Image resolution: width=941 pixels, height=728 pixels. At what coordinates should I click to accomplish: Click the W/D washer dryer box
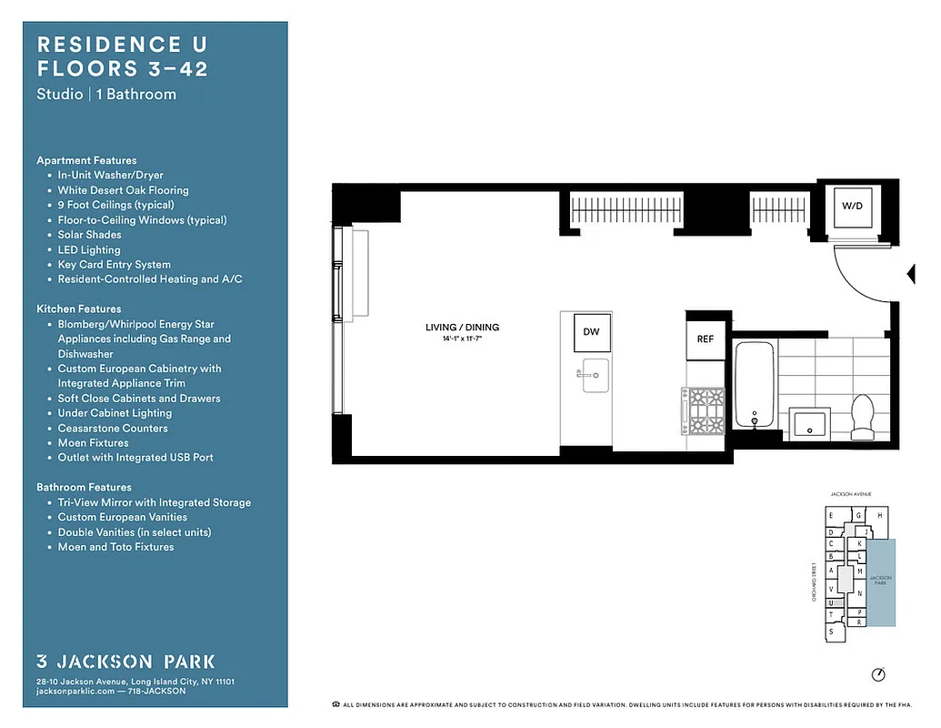tap(851, 207)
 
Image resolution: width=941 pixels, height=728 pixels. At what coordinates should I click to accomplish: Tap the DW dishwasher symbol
tap(591, 332)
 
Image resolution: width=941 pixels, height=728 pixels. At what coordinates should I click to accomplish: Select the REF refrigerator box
tap(705, 339)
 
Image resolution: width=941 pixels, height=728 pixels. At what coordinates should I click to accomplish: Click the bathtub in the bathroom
tap(753, 383)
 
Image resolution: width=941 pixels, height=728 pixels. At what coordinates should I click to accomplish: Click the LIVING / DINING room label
tap(462, 328)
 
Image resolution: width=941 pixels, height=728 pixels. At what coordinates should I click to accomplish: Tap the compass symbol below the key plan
tap(877, 674)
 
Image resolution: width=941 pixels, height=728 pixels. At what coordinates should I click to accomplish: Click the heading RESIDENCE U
tap(109, 44)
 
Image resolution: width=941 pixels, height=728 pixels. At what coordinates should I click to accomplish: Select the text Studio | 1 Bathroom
tap(106, 94)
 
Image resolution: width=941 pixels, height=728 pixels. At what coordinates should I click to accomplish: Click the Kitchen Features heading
tap(78, 308)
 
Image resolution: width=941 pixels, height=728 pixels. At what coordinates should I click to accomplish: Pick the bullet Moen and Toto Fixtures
tap(115, 547)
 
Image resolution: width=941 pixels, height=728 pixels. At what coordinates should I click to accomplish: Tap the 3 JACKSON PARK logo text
tap(125, 662)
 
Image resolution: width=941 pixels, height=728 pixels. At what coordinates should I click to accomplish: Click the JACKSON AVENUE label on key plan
tap(850, 493)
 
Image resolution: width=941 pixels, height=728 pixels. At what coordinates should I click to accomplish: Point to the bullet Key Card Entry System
tap(114, 265)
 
